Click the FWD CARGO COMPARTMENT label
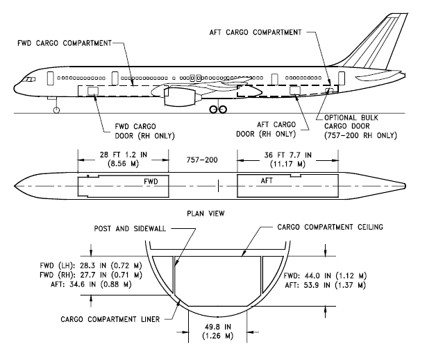(65, 43)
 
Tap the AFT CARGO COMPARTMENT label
(256, 33)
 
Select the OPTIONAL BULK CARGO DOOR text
(360, 126)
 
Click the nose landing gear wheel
(56, 110)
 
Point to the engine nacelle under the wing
(181, 96)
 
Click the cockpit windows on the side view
(28, 80)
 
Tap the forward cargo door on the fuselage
(93, 91)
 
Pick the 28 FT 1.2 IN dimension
(124, 159)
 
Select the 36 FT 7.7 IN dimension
(288, 160)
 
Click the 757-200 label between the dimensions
(202, 160)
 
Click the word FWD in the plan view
(151, 182)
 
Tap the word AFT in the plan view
(267, 180)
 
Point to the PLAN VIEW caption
(206, 214)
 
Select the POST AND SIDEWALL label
(130, 229)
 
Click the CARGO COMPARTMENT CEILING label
(330, 227)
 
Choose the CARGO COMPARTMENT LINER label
(110, 319)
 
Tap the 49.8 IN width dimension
(218, 331)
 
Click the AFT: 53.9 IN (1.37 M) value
(325, 285)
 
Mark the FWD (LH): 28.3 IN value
(91, 265)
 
